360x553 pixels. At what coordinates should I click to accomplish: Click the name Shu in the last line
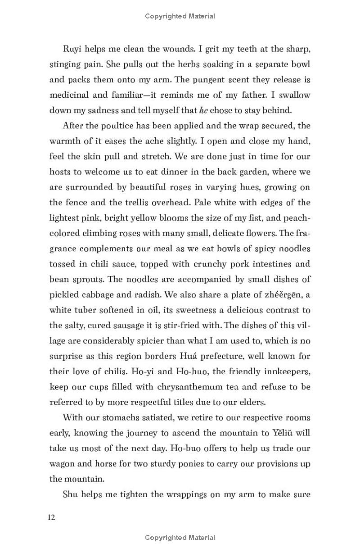point(71,494)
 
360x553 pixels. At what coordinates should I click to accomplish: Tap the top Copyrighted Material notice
point(180,16)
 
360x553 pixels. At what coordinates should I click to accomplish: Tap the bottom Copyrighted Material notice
point(180,537)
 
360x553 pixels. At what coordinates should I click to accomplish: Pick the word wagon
point(62,463)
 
